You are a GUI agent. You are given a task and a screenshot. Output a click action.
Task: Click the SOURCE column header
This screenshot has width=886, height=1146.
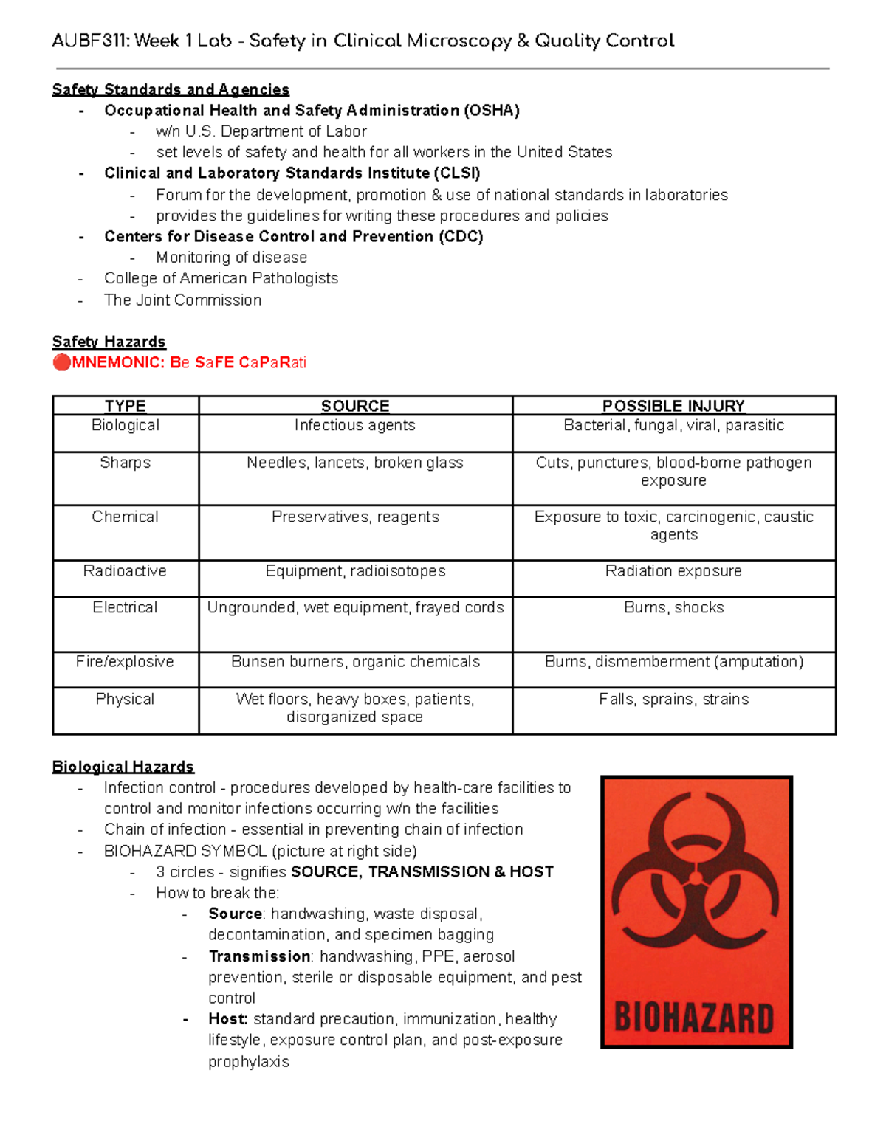(355, 406)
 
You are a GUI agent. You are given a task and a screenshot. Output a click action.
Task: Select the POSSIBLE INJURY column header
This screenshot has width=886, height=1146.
(673, 406)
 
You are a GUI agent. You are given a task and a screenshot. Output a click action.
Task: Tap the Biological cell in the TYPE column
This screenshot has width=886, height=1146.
(125, 426)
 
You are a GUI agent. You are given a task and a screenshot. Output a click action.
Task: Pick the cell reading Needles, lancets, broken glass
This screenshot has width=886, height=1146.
(355, 463)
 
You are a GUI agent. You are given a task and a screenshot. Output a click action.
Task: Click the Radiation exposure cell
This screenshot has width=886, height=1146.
(673, 571)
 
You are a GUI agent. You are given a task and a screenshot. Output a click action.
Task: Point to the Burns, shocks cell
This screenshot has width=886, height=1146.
(673, 607)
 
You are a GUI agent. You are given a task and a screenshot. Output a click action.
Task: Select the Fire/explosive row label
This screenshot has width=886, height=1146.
(125, 662)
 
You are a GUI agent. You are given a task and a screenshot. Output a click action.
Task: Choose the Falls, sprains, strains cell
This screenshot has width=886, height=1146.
(673, 699)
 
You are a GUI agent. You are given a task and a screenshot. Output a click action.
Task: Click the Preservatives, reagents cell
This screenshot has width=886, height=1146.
(355, 517)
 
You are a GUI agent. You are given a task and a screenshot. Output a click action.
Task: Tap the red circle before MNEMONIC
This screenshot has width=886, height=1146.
(61, 362)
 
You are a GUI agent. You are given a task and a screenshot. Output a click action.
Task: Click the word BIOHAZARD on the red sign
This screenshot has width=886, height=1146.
(694, 1018)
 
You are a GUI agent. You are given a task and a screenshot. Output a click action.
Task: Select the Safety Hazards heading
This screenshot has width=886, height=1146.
(109, 342)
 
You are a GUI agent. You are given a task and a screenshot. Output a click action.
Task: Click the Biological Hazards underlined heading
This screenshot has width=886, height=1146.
(123, 767)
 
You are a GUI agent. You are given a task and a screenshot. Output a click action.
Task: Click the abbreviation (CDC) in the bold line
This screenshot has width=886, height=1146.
(461, 237)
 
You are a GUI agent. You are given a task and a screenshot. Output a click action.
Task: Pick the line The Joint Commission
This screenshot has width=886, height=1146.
(182, 300)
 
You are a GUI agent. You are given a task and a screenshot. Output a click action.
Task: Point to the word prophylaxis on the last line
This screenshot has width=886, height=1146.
(248, 1062)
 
